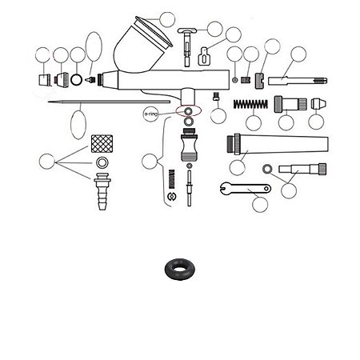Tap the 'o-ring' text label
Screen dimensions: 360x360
coord(151,114)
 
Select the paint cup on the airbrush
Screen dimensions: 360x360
coord(142,45)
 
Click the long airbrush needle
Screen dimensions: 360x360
coord(109,102)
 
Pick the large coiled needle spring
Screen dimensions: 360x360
coord(250,104)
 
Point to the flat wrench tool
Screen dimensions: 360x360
coord(246,189)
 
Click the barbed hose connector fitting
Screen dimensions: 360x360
coord(102,191)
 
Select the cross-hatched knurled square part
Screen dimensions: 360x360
coord(102,144)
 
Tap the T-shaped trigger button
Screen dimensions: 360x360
coord(187,46)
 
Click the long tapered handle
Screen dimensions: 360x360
coord(278,145)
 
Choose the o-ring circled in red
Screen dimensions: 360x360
coord(189,111)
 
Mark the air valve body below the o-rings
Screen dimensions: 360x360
coord(190,145)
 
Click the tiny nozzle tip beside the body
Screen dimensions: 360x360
coord(90,79)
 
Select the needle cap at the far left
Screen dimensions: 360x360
coord(45,79)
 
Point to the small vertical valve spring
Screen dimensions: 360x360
coord(172,178)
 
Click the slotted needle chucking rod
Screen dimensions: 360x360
coord(298,81)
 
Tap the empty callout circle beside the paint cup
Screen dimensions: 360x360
coord(167,20)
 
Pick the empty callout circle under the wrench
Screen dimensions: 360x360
coord(260,205)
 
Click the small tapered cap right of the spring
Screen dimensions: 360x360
coord(318,104)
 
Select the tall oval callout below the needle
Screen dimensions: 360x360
coord(78,125)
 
